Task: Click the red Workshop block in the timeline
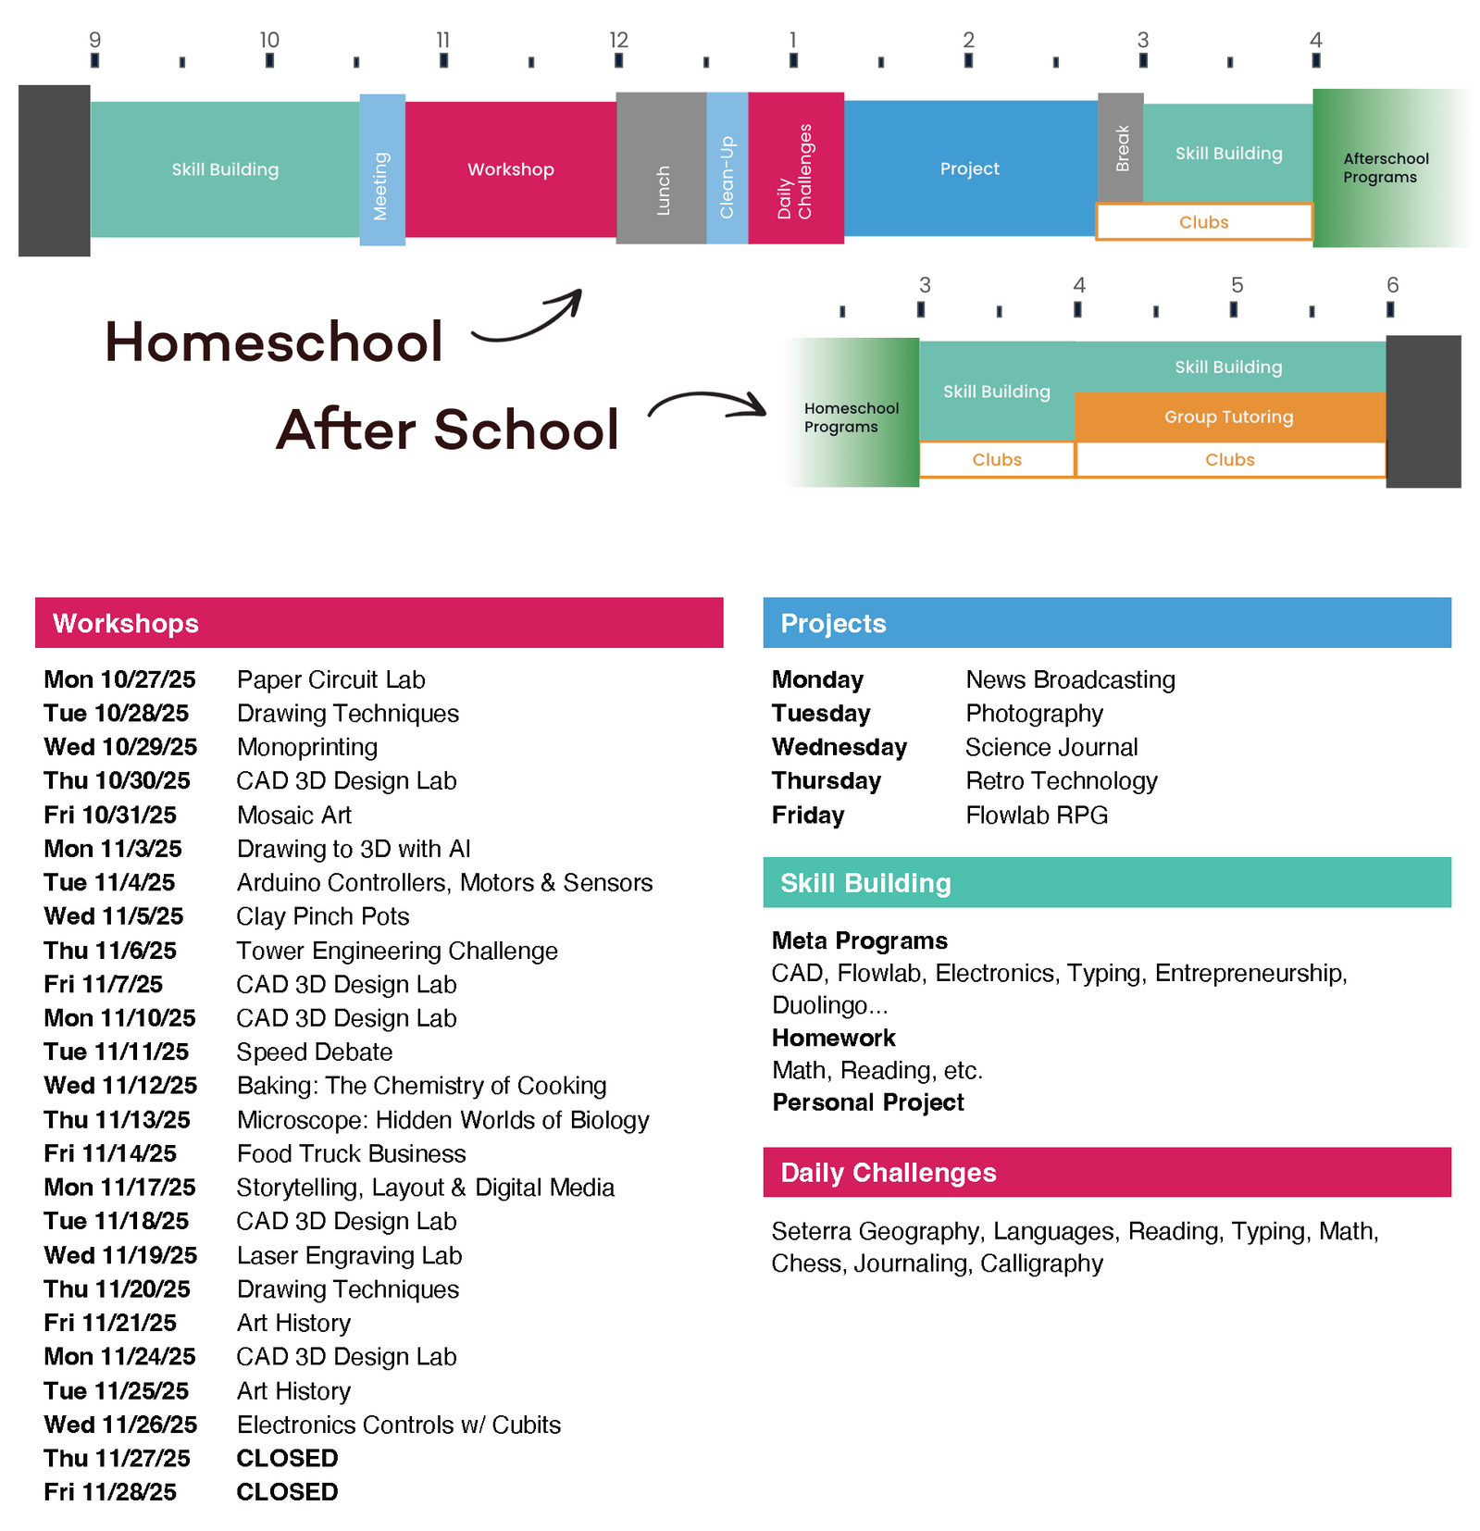click(x=510, y=169)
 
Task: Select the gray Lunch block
click(x=661, y=168)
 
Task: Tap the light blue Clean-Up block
click(x=727, y=168)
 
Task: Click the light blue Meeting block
click(x=381, y=170)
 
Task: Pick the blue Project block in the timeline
click(x=969, y=168)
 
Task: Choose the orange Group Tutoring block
click(x=1228, y=417)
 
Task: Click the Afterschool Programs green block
click(x=1385, y=168)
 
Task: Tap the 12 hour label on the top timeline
click(x=618, y=40)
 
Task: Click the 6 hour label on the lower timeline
click(x=1391, y=285)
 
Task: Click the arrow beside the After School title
click(x=707, y=405)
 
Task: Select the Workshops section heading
click(x=126, y=623)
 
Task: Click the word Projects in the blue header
click(x=833, y=623)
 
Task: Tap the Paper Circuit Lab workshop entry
click(x=330, y=679)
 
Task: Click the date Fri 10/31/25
click(x=110, y=815)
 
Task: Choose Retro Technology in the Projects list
click(x=1061, y=781)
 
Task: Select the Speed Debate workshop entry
click(x=314, y=1052)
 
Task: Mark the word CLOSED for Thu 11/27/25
click(x=287, y=1458)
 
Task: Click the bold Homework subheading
click(x=833, y=1038)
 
